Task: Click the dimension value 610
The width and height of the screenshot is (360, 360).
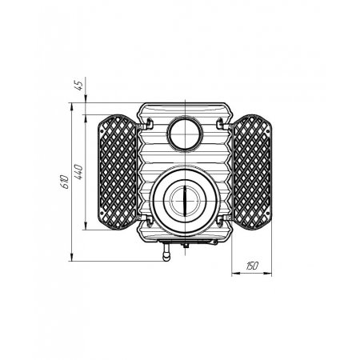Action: tap(65, 182)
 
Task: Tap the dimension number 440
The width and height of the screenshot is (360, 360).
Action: tap(79, 172)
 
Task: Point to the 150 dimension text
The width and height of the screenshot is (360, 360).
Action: tap(252, 266)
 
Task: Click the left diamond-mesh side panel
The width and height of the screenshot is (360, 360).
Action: tap(118, 172)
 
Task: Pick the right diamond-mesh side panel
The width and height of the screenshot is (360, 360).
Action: tap(252, 172)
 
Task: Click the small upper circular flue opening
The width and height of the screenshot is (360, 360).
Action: tap(185, 133)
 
